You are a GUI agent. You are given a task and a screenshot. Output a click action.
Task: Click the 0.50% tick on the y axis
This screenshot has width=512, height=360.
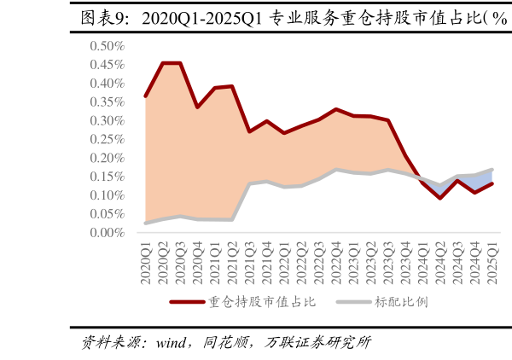(x=107, y=46)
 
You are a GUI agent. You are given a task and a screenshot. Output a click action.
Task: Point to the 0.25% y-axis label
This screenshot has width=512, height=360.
(x=107, y=139)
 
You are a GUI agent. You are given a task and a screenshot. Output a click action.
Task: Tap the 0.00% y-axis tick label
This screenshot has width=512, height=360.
(x=107, y=232)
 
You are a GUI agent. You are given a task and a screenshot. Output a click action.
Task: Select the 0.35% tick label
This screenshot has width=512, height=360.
(x=107, y=102)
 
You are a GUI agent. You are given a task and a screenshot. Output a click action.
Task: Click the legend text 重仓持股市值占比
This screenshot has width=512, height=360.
(x=262, y=302)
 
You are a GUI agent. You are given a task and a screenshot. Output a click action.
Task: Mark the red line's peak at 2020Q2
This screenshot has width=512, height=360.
(x=163, y=63)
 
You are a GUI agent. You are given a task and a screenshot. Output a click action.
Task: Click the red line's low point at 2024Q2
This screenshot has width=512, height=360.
(x=440, y=198)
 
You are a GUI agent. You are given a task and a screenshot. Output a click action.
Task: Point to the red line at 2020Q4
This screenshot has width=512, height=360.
(x=198, y=107)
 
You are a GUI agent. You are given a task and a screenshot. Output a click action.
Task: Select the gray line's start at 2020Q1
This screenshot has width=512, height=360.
(x=146, y=223)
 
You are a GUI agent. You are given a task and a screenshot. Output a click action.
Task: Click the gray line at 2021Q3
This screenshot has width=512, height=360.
(x=250, y=183)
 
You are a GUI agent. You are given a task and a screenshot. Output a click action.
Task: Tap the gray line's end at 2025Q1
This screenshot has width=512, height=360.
(x=492, y=170)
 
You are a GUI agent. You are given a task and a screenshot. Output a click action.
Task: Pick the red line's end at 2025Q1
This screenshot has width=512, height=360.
(x=492, y=183)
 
